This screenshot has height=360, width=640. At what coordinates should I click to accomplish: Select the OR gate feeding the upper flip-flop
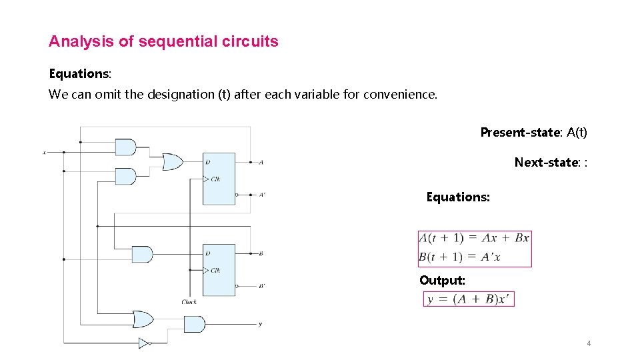tap(173, 161)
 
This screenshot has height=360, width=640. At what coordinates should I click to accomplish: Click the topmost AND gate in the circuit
tap(125, 147)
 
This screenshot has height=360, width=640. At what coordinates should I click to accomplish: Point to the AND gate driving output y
tap(194, 324)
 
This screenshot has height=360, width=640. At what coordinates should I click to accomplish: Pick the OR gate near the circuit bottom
tap(143, 319)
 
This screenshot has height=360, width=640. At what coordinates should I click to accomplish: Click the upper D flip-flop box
tap(219, 179)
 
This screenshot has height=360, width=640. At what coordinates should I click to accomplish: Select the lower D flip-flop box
tap(219, 270)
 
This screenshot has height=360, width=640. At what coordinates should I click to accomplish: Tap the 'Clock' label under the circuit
tap(189, 302)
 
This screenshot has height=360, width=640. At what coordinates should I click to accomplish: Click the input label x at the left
tap(45, 153)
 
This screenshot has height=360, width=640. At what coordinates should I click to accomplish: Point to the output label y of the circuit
tap(260, 325)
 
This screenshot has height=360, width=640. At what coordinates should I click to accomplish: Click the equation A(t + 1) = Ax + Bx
tap(474, 238)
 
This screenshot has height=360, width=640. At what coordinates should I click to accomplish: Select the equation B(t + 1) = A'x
tap(459, 257)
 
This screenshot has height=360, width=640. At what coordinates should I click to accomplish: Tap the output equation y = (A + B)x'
tap(469, 299)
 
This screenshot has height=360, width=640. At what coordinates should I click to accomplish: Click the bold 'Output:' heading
tap(442, 281)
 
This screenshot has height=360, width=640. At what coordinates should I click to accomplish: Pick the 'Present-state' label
tap(519, 132)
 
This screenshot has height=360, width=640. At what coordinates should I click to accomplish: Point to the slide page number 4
tap(589, 343)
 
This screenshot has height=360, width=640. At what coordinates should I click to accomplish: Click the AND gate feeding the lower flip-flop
tap(142, 254)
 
